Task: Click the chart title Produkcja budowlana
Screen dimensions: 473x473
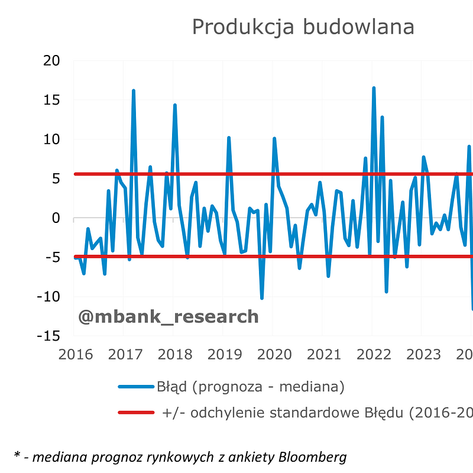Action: (x=303, y=27)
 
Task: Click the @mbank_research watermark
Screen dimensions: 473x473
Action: (x=169, y=316)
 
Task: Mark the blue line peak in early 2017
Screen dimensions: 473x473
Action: (x=134, y=91)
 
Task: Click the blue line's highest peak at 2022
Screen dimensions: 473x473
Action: (x=374, y=88)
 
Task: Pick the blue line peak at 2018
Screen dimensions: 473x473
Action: (x=175, y=105)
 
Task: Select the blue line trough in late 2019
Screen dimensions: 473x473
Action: (x=262, y=298)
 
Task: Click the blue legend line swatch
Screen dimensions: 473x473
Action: (x=136, y=387)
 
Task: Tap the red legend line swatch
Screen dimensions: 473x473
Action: (x=136, y=413)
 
